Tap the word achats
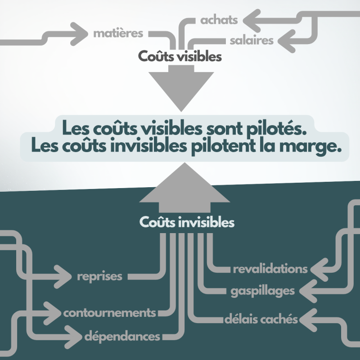[x=219, y=20]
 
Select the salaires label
[x=251, y=40]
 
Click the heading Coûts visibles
[x=180, y=57]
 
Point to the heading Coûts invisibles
[x=186, y=222]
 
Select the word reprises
[x=99, y=276]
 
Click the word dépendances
[x=122, y=336]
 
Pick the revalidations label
[x=270, y=269]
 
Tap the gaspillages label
[x=262, y=291]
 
